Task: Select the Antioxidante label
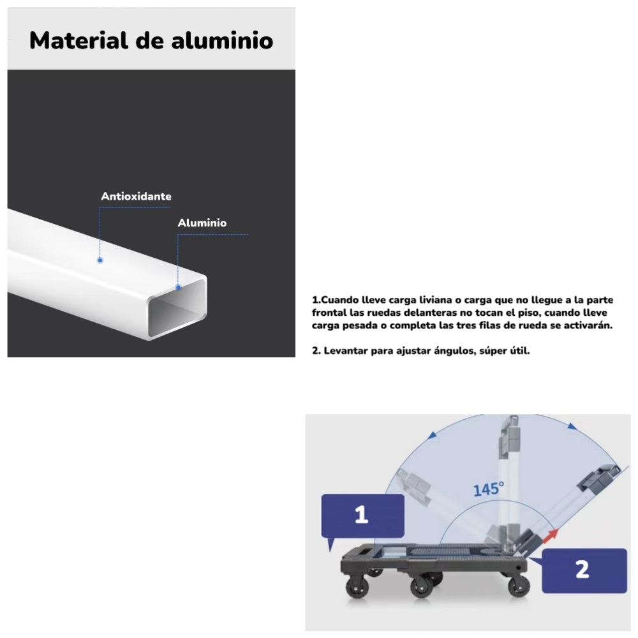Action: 136,197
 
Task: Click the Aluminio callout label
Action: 202,223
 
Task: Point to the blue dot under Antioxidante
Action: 100,260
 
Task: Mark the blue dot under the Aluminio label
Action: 179,287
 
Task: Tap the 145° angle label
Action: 489,489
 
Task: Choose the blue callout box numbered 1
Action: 362,516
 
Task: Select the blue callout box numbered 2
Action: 582,569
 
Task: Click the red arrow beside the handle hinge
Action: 550,535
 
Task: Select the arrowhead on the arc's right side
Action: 572,426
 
